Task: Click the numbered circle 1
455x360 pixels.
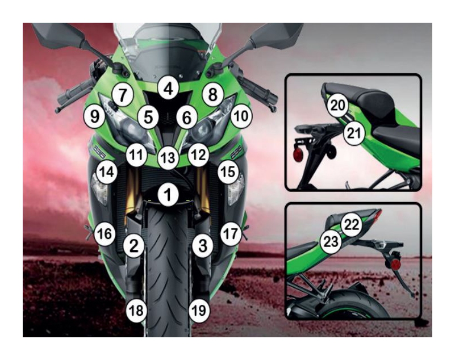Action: point(168,194)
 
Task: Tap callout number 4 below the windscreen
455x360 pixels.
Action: point(168,89)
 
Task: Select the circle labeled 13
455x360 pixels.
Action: point(168,158)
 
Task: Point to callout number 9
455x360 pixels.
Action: point(94,116)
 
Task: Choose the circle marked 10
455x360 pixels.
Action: point(241,116)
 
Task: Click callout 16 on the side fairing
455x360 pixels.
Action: point(105,233)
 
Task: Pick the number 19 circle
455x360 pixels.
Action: point(199,311)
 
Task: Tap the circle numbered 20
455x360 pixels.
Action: point(338,106)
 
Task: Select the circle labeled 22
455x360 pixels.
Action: point(352,224)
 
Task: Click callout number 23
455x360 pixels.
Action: point(331,241)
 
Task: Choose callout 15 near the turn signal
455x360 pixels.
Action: point(228,172)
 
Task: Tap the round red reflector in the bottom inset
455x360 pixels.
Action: point(394,265)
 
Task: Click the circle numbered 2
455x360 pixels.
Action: point(133,246)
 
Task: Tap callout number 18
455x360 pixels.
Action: point(136,311)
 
